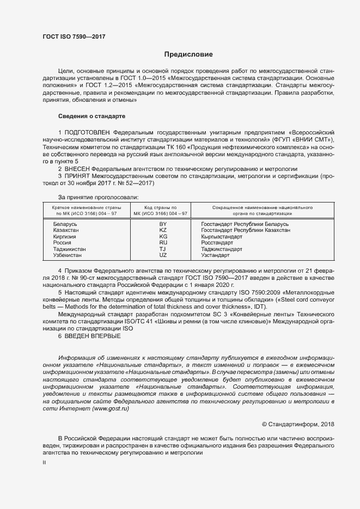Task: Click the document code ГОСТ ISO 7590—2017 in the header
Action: tap(74, 36)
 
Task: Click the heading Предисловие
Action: tap(188, 54)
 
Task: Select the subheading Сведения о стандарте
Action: tap(91, 116)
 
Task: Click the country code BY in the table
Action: tap(162, 224)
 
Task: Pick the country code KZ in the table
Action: tap(162, 230)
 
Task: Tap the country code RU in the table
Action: tap(162, 243)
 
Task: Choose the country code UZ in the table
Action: tap(162, 255)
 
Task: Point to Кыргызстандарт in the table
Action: tap(222, 237)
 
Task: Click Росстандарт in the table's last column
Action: tap(217, 243)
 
